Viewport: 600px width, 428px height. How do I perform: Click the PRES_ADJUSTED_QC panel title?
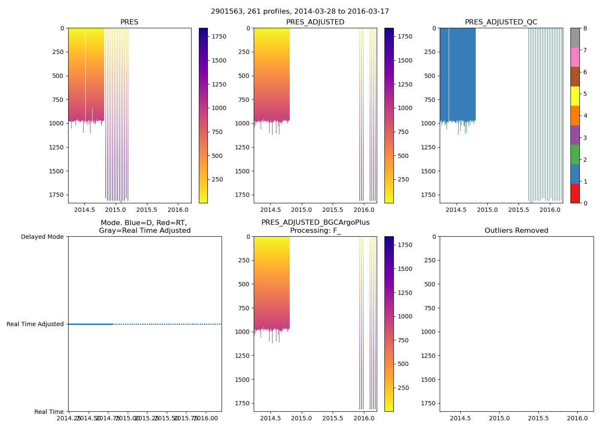501,22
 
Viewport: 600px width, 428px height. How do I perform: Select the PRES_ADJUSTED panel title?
315,22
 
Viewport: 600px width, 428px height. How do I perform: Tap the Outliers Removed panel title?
516,231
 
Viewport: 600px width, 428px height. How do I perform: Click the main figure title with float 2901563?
300,12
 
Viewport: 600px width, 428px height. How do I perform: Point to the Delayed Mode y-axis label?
42,237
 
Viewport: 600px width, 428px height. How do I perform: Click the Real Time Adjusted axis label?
35,324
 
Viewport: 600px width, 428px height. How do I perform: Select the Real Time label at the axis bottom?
49,412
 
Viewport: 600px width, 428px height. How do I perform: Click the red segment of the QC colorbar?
575,193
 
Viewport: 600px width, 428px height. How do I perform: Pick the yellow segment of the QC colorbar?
575,96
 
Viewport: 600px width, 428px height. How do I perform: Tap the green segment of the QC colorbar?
575,154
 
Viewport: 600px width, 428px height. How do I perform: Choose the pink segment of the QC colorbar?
575,57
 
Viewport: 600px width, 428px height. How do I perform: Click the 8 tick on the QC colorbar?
585,28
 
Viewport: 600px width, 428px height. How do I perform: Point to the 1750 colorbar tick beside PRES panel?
219,37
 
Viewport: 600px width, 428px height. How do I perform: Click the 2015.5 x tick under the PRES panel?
147,210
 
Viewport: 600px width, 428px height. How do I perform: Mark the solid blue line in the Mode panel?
91,324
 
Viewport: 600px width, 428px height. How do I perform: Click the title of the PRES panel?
129,22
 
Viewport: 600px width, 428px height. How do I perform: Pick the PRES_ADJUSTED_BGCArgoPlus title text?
315,223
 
